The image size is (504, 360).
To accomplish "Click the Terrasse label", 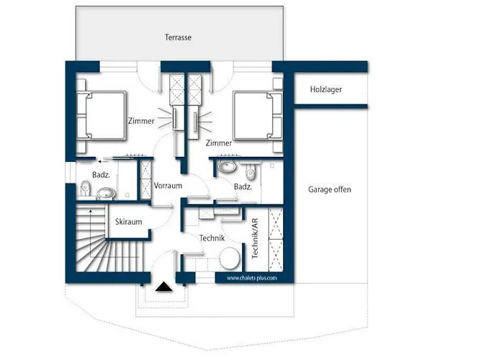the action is [178, 37].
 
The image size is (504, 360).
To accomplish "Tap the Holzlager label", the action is [326, 89].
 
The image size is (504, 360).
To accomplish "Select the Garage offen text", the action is [330, 189].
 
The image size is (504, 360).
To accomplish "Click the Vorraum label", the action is [168, 186].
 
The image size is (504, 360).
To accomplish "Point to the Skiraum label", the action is [129, 222].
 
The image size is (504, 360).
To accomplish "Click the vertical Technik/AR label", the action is [255, 238].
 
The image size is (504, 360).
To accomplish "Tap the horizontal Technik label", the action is [212, 238].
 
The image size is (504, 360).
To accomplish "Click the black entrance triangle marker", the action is [164, 287].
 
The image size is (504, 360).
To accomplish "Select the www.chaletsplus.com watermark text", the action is [252, 278].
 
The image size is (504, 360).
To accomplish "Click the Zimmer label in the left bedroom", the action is [141, 121].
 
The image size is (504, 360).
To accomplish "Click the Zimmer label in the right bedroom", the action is [219, 143].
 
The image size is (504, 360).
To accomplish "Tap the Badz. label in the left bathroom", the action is [101, 175].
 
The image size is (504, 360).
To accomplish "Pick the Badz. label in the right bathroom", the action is [243, 186].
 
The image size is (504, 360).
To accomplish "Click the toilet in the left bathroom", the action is [85, 188].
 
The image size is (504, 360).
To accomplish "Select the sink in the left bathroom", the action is [106, 194].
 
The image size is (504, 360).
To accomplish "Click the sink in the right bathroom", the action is [227, 166].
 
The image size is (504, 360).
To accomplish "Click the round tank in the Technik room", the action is [230, 258].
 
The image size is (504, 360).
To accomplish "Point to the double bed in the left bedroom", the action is [102, 116].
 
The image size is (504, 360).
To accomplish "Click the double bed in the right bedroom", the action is [258, 116].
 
